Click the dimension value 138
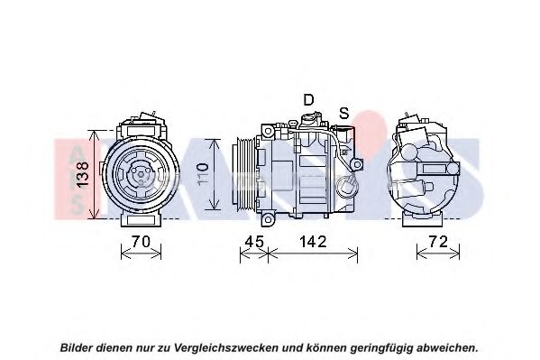click(83, 174)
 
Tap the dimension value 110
click(203, 175)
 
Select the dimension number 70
click(142, 242)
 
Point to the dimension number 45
click(254, 242)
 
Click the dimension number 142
click(313, 242)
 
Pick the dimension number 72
click(438, 242)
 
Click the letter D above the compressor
click(308, 99)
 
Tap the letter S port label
click(344, 113)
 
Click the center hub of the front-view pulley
click(142, 174)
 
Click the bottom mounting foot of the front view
click(142, 220)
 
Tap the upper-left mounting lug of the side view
click(268, 131)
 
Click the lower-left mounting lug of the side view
click(268, 219)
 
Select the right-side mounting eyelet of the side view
click(357, 164)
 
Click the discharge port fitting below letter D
click(308, 121)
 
